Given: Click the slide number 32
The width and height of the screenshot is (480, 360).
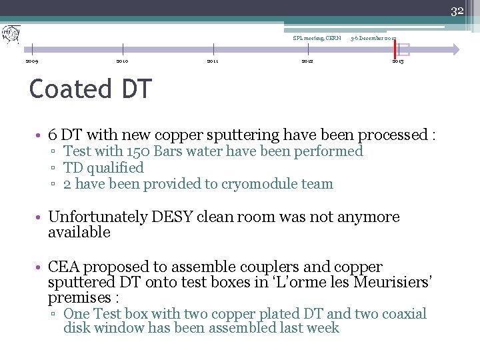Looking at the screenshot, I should (457, 11).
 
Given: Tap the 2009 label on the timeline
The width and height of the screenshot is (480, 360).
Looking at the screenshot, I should (31, 61).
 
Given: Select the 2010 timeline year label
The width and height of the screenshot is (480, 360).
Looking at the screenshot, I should (122, 61).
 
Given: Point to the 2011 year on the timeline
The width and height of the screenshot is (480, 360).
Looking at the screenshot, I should (213, 61).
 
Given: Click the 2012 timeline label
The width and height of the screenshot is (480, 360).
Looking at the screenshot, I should (307, 61).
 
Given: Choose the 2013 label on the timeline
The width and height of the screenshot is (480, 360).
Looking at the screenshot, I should (397, 61).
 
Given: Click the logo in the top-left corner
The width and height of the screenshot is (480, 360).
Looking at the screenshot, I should (11, 33).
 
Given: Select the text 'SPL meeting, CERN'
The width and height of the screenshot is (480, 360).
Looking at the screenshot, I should (317, 38).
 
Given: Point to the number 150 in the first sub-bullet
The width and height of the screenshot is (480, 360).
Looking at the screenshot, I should (136, 151).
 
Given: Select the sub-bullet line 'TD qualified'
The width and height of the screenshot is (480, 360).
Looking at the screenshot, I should (103, 168).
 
